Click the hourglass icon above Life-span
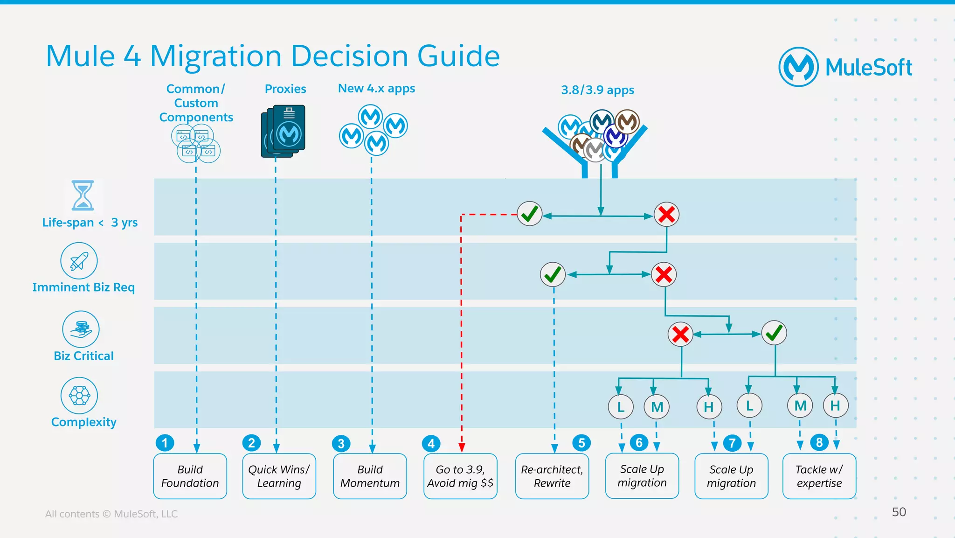point(83,196)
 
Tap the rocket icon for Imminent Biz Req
point(79,261)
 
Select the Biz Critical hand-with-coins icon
point(81,329)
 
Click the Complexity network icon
point(79,396)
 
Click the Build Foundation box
point(190,476)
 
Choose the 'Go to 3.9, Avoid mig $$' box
point(460,476)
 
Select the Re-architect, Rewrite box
point(552,476)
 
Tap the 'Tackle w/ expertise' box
point(819,476)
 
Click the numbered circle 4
point(431,443)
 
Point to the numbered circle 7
point(732,443)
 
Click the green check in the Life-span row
point(530,214)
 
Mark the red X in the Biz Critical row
point(680,334)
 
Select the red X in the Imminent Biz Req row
point(664,274)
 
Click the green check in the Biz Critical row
point(774,333)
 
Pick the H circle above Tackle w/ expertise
point(835,405)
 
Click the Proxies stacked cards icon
point(283,131)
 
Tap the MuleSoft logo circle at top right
point(798,67)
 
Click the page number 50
point(899,512)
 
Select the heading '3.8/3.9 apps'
point(597,90)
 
